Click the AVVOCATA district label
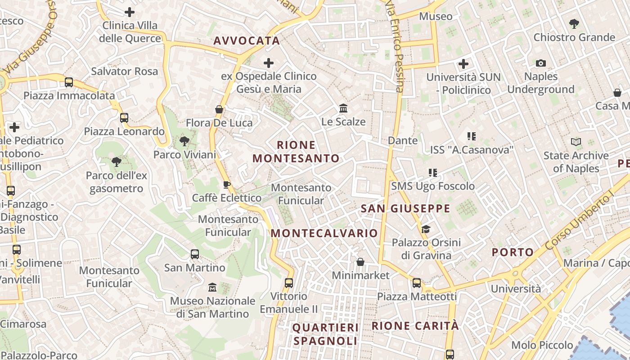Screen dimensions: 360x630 pos(247,41)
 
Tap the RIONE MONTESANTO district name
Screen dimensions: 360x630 pos(296,152)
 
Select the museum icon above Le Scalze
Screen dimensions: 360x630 pos(343,108)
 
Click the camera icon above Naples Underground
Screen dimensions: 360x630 pos(541,63)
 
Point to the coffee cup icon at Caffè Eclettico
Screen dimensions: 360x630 pos(227,184)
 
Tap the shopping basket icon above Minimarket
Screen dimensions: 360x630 pos(360,262)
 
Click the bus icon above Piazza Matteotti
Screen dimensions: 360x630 pos(417,283)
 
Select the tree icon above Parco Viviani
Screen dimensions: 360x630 pos(184,141)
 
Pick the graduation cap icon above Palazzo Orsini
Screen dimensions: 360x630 pos(426,229)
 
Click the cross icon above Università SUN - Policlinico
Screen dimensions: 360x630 pos(463,64)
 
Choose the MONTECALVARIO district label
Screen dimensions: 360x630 pos(324,233)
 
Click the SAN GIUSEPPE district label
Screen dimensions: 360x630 pos(405,208)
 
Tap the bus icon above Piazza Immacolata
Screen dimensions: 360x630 pos(69,82)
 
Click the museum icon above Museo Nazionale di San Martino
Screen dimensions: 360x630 pos(212,287)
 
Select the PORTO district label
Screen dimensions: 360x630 pos(513,252)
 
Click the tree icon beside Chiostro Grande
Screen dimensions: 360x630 pos(574,24)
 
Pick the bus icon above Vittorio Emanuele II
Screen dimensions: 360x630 pos(289,283)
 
